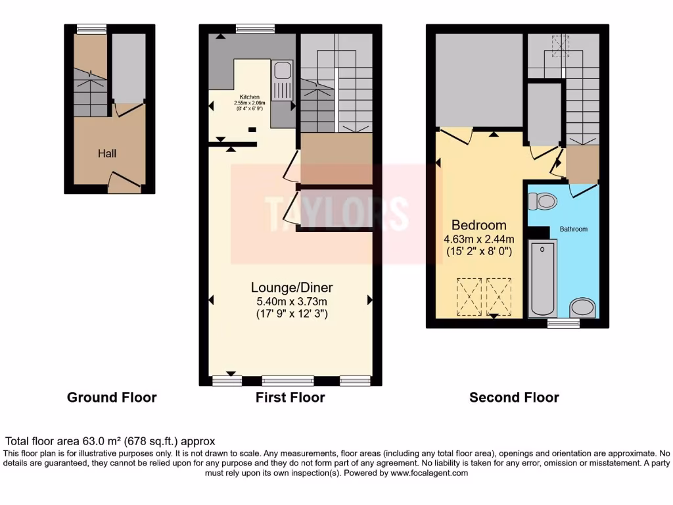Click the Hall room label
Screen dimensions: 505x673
pyautogui.click(x=107, y=153)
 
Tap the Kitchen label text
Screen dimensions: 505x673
pyautogui.click(x=249, y=97)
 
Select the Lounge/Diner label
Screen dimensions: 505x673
pyautogui.click(x=292, y=287)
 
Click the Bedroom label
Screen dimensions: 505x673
pyautogui.click(x=478, y=225)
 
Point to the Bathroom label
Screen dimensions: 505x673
pyautogui.click(x=573, y=229)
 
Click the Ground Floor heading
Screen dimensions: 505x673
pyautogui.click(x=112, y=397)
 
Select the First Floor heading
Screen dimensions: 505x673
pyautogui.click(x=290, y=397)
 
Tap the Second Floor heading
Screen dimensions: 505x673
pyautogui.click(x=514, y=397)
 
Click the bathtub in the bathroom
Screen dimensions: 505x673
pyautogui.click(x=543, y=279)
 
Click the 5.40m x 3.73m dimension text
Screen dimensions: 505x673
pyautogui.click(x=292, y=301)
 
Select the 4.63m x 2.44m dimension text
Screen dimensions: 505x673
pyautogui.click(x=478, y=239)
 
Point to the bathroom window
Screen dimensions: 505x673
pyautogui.click(x=563, y=324)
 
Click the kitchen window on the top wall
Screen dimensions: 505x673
pyautogui.click(x=246, y=28)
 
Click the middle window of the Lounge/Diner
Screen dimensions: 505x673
pyautogui.click(x=288, y=381)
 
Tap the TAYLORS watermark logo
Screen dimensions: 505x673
pyautogui.click(x=336, y=212)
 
